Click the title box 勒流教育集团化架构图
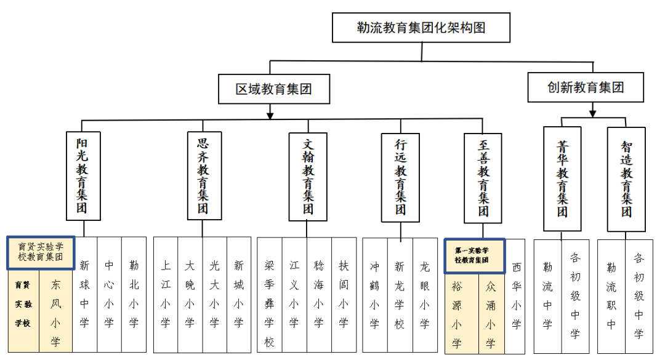click(x=421, y=28)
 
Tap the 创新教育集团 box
click(x=586, y=87)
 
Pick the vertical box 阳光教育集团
click(x=82, y=175)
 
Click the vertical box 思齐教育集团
click(x=203, y=175)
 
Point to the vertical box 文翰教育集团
click(x=308, y=177)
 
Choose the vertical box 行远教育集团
click(x=400, y=177)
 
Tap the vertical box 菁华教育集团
click(x=562, y=178)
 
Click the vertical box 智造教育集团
click(x=626, y=178)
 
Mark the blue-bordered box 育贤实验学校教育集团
click(x=41, y=252)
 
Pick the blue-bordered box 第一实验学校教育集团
click(x=475, y=255)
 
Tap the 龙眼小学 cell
click(x=424, y=294)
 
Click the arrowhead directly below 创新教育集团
click(x=592, y=113)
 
